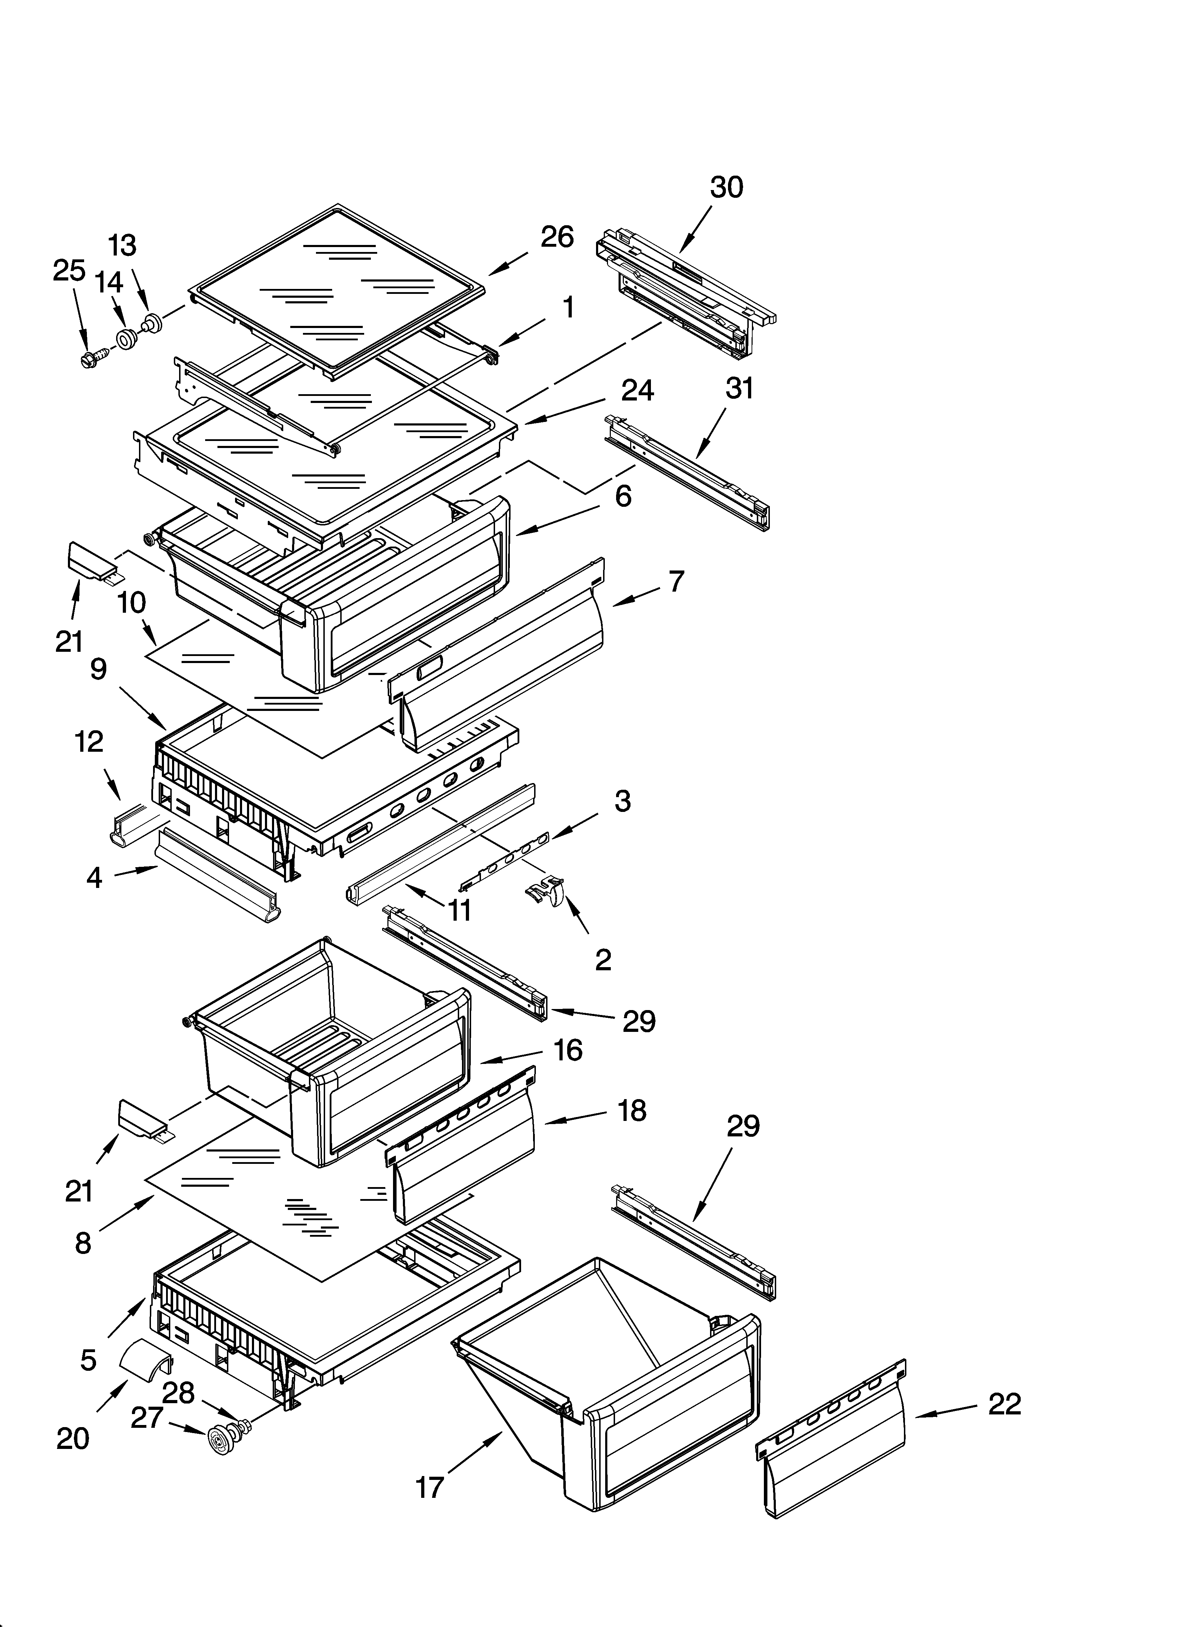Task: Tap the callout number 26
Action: click(557, 237)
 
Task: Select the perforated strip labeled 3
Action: click(506, 857)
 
